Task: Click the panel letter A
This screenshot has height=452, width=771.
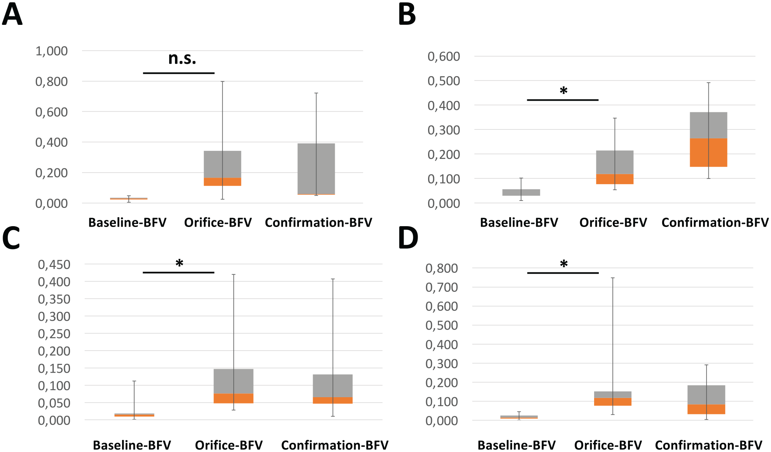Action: pos(12,14)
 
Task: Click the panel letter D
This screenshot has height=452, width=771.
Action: pos(408,238)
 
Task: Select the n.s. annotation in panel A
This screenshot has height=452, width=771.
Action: pos(182,59)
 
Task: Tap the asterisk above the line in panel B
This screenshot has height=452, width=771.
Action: pos(563,91)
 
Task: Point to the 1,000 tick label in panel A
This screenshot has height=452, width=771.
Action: pos(51,51)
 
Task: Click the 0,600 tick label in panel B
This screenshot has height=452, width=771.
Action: pos(444,56)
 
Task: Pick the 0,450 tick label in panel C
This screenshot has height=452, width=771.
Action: pos(54,265)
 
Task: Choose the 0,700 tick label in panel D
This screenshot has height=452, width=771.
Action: pos(442,287)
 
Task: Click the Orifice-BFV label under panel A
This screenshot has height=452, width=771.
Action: pos(218,222)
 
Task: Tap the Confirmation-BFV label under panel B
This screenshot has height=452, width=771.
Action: pos(715,222)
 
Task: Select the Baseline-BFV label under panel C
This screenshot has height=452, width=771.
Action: pos(132,445)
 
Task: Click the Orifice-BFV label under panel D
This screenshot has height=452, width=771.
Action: pos(608,445)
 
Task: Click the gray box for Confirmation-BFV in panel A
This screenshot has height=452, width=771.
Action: pos(316,169)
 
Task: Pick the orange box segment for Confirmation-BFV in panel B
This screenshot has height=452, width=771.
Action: pos(708,152)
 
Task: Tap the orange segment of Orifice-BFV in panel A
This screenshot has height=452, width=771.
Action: pos(222,182)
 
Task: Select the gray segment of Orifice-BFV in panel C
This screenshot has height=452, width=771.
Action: pos(233,381)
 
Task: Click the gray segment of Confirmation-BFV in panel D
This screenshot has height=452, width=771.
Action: pos(706,395)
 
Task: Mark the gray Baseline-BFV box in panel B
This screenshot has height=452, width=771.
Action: pos(521,192)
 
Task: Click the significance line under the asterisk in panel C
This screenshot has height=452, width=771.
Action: pos(178,272)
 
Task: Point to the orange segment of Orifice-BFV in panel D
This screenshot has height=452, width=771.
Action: pos(613,402)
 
